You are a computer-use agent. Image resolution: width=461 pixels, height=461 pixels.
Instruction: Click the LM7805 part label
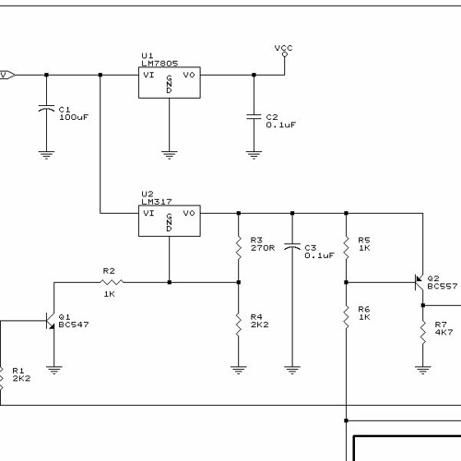tap(160, 63)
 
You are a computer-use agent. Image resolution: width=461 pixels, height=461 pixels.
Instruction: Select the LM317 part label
tap(157, 201)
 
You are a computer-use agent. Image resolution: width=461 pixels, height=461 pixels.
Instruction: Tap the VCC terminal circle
tap(285, 54)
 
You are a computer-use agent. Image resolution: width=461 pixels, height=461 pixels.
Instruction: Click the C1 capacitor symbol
tap(46, 109)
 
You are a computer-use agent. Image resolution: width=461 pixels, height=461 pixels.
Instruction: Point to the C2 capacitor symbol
tap(254, 116)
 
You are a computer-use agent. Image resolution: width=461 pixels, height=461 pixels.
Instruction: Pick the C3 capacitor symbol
tap(292, 247)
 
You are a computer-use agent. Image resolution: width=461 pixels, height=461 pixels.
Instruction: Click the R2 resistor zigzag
tap(112, 282)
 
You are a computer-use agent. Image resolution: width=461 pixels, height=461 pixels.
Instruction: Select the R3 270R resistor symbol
tap(239, 248)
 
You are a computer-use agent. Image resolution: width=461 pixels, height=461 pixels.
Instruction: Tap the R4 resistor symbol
tap(239, 325)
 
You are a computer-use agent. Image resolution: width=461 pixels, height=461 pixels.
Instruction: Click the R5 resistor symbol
tap(346, 248)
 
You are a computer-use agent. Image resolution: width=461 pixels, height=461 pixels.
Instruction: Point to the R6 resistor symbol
tap(346, 317)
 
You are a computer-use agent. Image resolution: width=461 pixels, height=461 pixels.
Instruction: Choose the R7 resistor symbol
tap(423, 332)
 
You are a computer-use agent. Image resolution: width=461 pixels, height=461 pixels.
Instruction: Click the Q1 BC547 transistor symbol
tap(50, 321)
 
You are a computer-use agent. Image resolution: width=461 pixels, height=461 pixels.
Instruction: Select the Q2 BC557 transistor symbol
tap(419, 282)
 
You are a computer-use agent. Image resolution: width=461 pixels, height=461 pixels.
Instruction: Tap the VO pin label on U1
tap(189, 75)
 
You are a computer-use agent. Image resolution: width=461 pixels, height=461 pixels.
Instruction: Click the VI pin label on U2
tap(148, 213)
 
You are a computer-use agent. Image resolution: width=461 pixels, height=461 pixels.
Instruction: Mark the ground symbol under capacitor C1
tap(46, 155)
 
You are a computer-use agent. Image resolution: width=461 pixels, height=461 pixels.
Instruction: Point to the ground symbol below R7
tap(423, 370)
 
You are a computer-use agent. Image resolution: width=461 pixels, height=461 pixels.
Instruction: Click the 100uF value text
tap(74, 117)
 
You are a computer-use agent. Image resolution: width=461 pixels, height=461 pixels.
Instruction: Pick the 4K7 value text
tap(443, 332)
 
